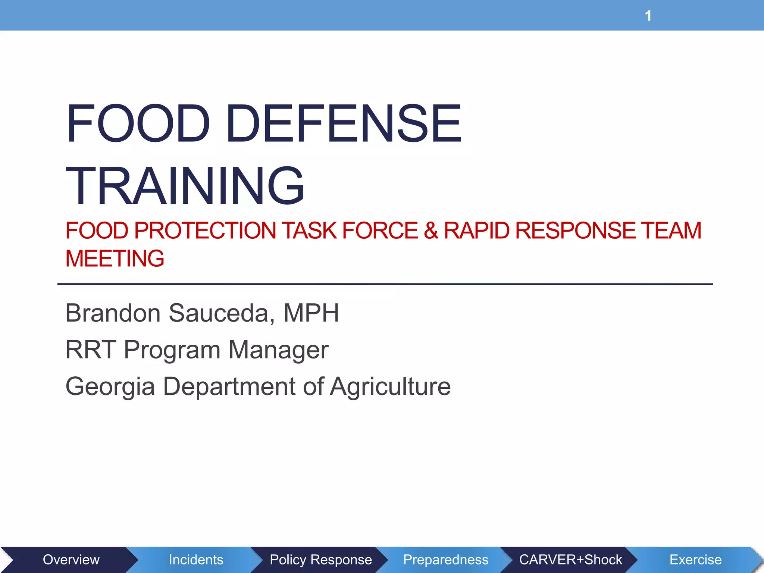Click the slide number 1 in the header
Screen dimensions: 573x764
pyautogui.click(x=648, y=16)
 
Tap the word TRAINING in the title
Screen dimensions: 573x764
pyautogui.click(x=185, y=186)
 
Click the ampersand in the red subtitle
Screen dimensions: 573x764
pyautogui.click(x=430, y=231)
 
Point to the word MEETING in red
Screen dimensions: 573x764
pyautogui.click(x=115, y=259)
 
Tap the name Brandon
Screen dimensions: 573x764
pyautogui.click(x=113, y=313)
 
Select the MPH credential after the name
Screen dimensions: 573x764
pyautogui.click(x=311, y=313)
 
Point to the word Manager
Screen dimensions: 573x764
pyautogui.click(x=278, y=350)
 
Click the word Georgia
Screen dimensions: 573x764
pyautogui.click(x=110, y=386)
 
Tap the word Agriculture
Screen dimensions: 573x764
pyautogui.click(x=391, y=386)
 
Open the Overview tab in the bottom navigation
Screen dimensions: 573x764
pyautogui.click(x=71, y=560)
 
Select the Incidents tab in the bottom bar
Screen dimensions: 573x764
pyautogui.click(x=196, y=560)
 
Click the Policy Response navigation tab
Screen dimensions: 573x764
pyautogui.click(x=321, y=560)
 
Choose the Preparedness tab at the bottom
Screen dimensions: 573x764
pyautogui.click(x=446, y=560)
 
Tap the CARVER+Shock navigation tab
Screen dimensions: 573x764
pyautogui.click(x=570, y=560)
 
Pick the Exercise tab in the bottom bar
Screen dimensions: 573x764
pyautogui.click(x=695, y=560)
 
